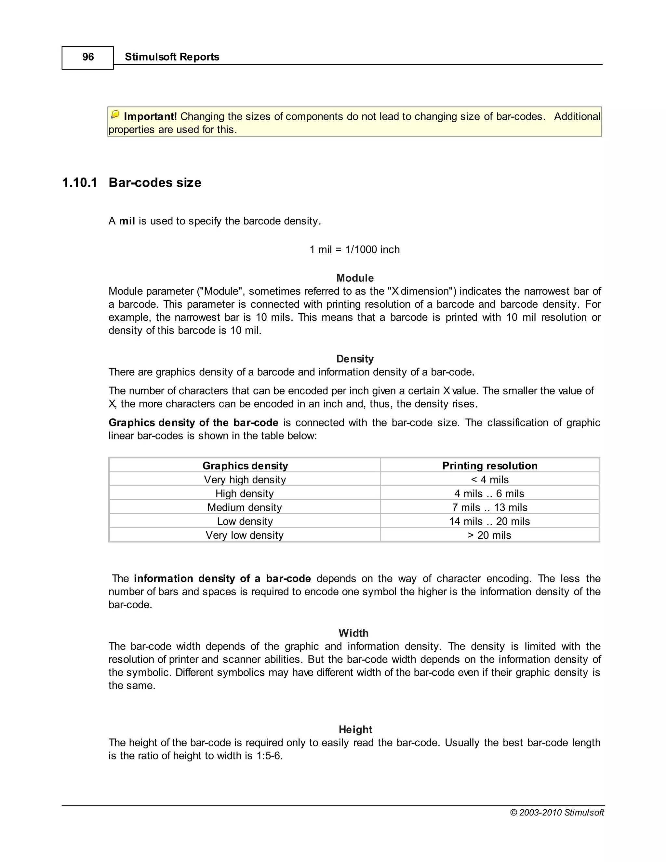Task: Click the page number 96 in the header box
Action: (x=88, y=57)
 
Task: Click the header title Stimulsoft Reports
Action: (x=172, y=57)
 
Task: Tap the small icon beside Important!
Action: (x=115, y=115)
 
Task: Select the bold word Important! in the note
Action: (x=150, y=116)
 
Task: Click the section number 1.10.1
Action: (x=80, y=183)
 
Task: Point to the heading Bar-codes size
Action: (x=155, y=183)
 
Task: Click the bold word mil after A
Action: (x=127, y=221)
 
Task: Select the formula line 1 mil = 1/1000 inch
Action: (x=354, y=249)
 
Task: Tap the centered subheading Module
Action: (x=355, y=278)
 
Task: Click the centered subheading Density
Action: (x=355, y=359)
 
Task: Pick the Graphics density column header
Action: (x=245, y=466)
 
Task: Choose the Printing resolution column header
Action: (x=490, y=466)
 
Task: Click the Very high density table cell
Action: (x=245, y=479)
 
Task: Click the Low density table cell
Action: (x=245, y=521)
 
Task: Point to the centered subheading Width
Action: (x=353, y=633)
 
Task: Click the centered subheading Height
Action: (x=355, y=729)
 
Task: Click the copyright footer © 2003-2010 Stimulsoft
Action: (x=557, y=812)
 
